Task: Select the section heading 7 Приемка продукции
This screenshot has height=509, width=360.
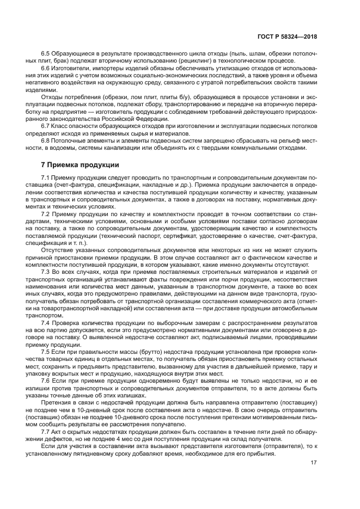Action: (x=80, y=164)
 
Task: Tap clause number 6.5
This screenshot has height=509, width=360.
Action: (x=46, y=54)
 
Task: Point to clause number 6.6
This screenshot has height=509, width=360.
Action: (x=46, y=69)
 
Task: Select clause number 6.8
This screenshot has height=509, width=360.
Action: (x=46, y=140)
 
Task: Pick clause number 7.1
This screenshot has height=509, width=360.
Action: (x=46, y=179)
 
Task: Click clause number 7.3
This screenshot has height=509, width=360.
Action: (x=46, y=271)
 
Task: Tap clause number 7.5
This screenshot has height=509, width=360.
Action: (x=46, y=352)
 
